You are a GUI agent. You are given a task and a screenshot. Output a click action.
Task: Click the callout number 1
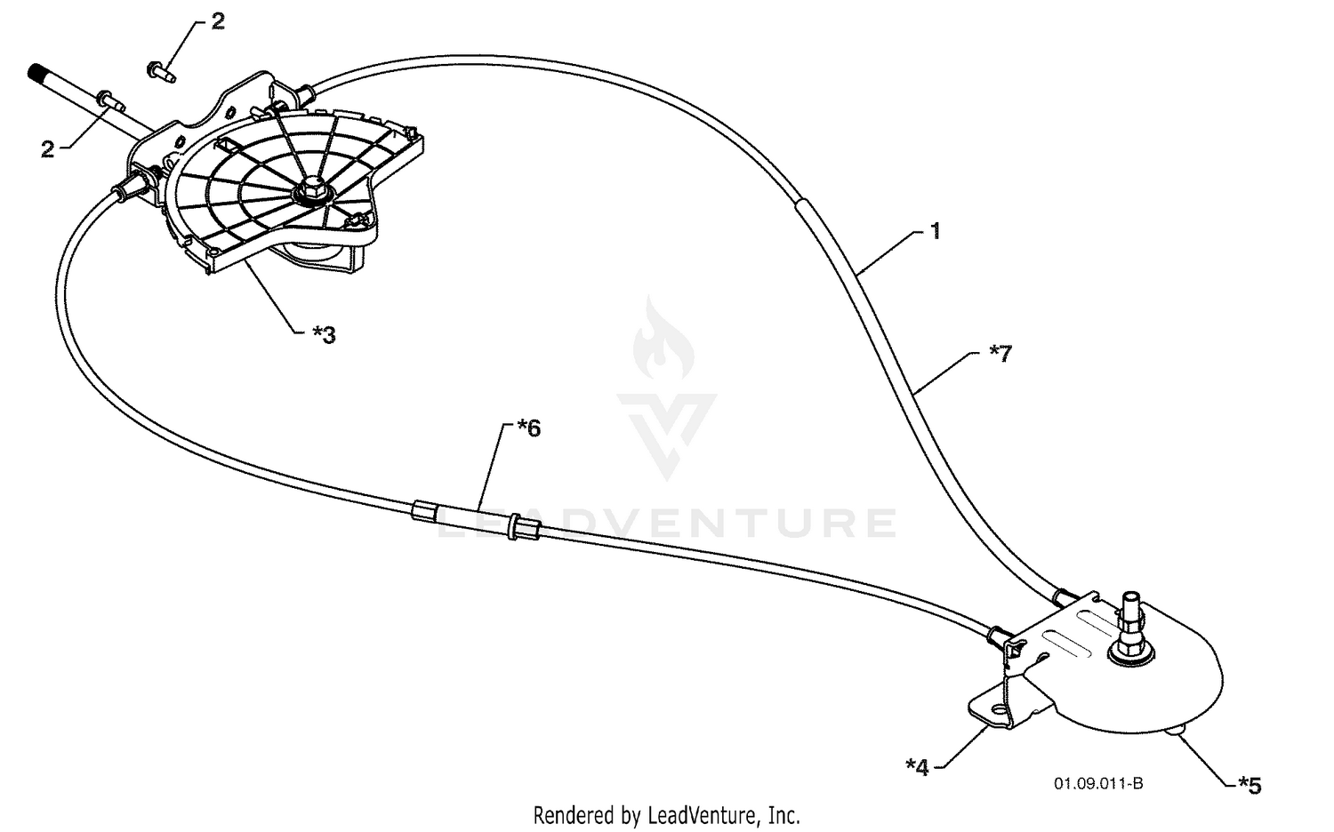pos(935,231)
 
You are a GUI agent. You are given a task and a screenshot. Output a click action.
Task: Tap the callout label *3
pos(324,335)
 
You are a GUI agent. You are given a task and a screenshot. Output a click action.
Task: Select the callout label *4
pos(917,767)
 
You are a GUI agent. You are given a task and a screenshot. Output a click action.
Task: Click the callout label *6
pos(529,428)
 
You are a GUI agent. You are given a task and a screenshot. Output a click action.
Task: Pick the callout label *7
pos(1000,354)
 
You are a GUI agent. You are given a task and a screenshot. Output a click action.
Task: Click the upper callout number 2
pos(218,21)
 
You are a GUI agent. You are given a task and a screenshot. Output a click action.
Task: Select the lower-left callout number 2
pos(48,148)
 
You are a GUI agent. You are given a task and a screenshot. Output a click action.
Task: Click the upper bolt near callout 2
pos(161,72)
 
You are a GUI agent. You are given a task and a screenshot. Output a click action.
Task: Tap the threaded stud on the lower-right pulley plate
pos(1130,629)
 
